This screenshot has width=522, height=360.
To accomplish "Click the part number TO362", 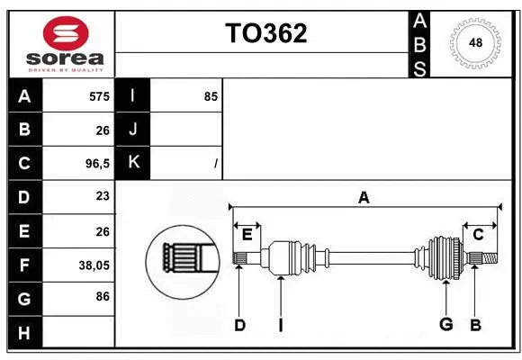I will [265, 33].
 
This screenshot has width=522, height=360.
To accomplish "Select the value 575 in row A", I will [99, 96].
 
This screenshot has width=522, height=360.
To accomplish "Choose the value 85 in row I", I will [211, 96].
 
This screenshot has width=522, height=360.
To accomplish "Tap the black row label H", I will [24, 333].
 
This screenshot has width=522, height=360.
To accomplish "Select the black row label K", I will [134, 163].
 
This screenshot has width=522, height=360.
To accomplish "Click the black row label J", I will [134, 130].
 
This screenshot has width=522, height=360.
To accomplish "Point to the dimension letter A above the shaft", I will [364, 197].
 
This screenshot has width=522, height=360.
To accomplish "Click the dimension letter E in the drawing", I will [247, 234].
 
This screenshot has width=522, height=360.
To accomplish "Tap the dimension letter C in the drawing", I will [479, 234].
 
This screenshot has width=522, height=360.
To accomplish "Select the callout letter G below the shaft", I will [445, 325].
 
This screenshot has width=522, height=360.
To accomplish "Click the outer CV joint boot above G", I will [444, 257].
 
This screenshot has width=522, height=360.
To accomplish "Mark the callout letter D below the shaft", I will [239, 325].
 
